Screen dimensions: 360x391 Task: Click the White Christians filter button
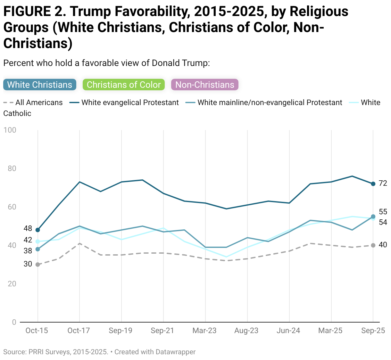pyautogui.click(x=40, y=85)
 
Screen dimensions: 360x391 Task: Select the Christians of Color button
pyautogui.click(x=124, y=85)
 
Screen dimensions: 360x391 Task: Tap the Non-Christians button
pyautogui.click(x=205, y=85)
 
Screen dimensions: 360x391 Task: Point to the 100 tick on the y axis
pyautogui.click(x=10, y=130)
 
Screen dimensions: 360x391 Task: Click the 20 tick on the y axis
pyautogui.click(x=12, y=284)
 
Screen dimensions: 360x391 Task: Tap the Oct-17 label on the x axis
pyautogui.click(x=79, y=331)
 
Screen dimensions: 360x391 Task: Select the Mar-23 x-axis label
pyautogui.click(x=204, y=331)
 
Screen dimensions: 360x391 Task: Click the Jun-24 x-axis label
pyautogui.click(x=288, y=331)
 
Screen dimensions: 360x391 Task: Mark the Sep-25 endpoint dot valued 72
pyautogui.click(x=373, y=184)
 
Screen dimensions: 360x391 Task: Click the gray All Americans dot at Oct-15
pyautogui.click(x=38, y=265)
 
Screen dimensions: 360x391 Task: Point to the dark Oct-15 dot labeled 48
pyautogui.click(x=38, y=230)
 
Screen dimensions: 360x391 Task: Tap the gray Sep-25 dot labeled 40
pyautogui.click(x=373, y=245)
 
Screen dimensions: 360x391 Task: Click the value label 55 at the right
pyautogui.click(x=383, y=212)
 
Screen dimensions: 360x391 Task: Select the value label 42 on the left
pyautogui.click(x=28, y=240)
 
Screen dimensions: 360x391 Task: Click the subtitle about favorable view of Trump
pyautogui.click(x=106, y=63)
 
